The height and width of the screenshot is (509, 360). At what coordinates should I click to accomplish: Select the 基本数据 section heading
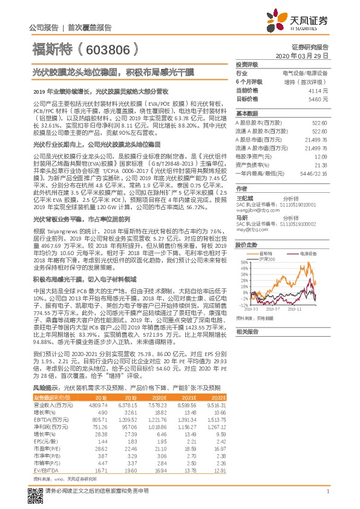[x=246, y=114]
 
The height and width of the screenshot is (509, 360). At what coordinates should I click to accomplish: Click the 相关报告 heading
[x=246, y=332]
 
